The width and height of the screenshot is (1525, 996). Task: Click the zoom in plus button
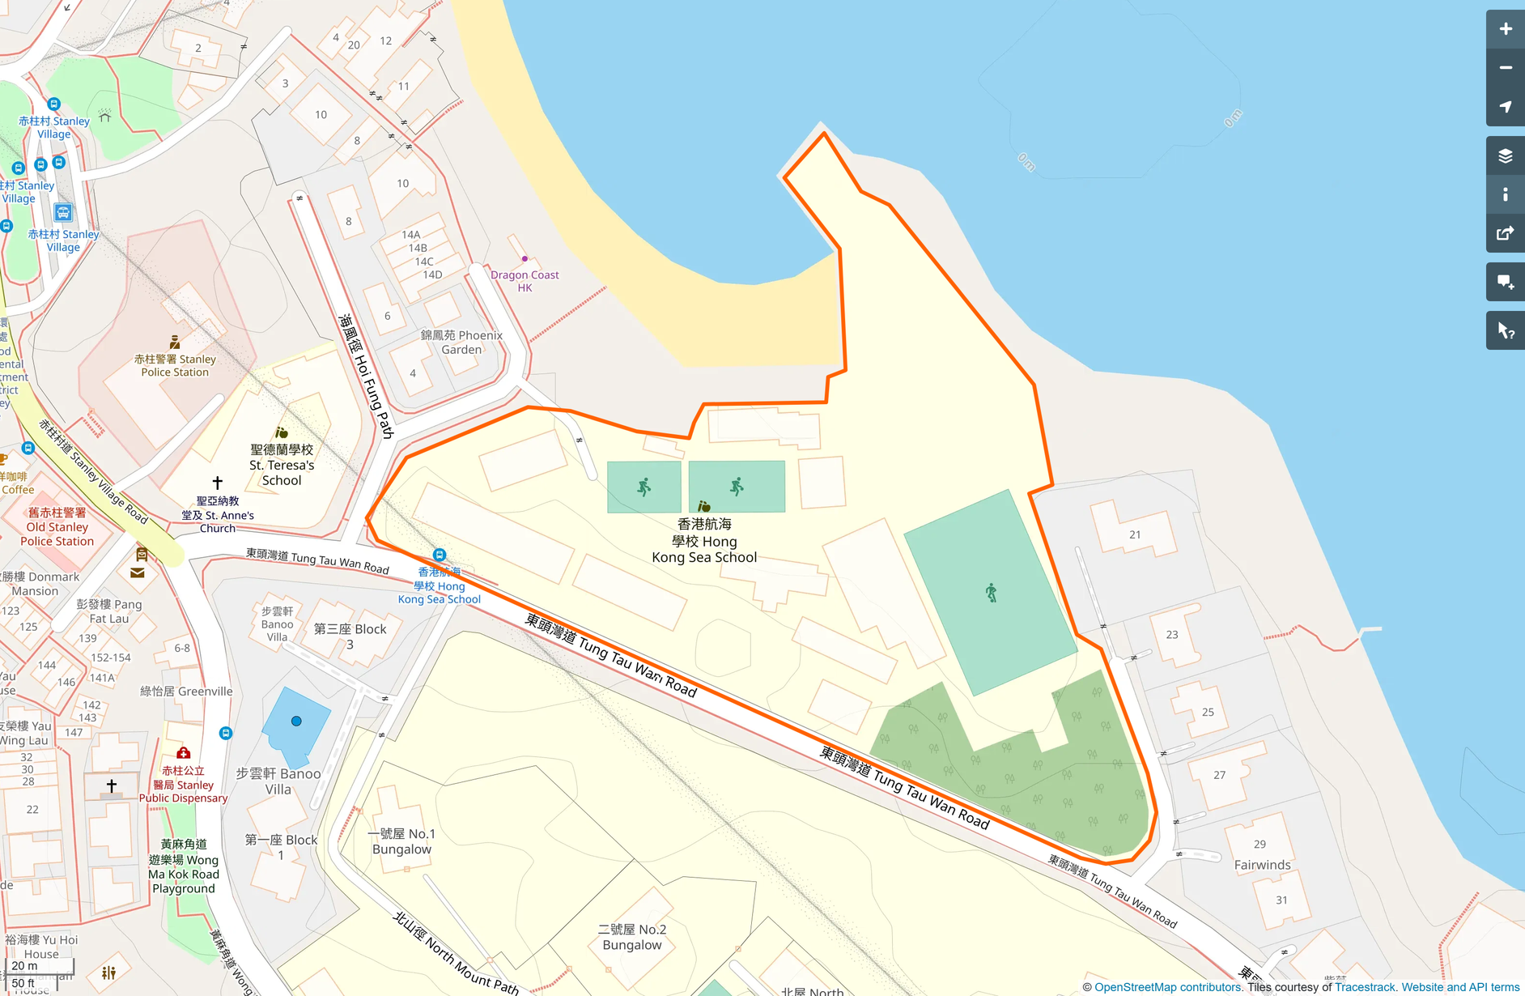coord(1505,29)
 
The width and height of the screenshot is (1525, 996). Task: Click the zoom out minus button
coord(1505,68)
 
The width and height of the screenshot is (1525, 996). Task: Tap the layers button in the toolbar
coord(1505,156)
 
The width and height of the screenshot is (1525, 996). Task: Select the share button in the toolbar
coord(1505,234)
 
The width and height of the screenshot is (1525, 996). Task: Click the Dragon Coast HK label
coord(525,281)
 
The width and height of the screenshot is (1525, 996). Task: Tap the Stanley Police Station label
coord(175,365)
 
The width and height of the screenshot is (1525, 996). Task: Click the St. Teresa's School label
coord(282,465)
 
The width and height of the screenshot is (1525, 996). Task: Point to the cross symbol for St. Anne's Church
coord(217,483)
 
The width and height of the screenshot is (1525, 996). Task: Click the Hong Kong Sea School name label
coord(704,541)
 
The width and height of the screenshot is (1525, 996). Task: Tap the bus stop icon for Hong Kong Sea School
coord(439,555)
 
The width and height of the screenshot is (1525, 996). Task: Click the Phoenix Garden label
coord(461,343)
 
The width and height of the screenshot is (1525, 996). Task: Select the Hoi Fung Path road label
coord(366,377)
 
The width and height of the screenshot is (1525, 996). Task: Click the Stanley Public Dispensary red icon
coord(184,753)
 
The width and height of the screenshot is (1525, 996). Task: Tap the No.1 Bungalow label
coord(401,841)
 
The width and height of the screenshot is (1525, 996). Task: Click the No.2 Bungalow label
coord(632,937)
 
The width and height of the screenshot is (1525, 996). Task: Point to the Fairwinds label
coord(1262,865)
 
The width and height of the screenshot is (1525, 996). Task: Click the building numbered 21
coord(1134,534)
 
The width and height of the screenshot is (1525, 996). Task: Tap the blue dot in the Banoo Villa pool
coord(296,721)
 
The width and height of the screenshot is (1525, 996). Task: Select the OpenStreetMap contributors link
coord(1167,987)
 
